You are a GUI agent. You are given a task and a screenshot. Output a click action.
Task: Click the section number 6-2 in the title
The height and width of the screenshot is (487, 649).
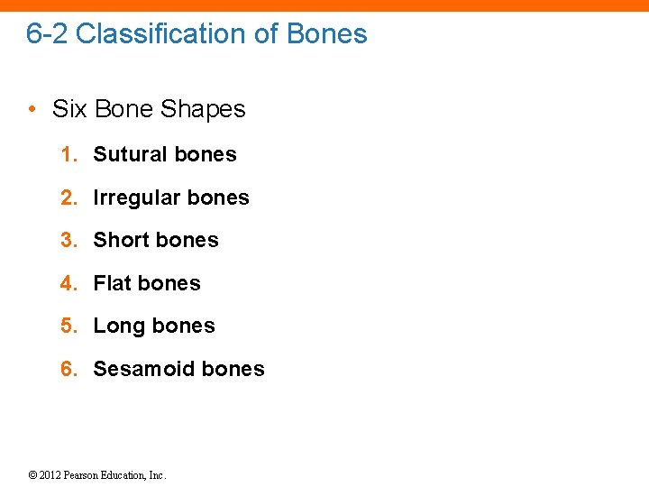click(47, 34)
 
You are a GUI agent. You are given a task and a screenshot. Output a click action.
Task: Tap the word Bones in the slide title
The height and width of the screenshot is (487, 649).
click(326, 34)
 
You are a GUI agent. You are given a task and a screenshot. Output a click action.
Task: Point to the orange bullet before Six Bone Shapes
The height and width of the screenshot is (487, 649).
click(32, 110)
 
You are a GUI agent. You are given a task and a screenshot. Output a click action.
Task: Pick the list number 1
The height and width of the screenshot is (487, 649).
click(66, 154)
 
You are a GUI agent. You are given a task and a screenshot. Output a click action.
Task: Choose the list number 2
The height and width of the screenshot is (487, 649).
click(66, 198)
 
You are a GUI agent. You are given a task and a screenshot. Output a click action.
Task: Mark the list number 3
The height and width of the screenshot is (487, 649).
click(66, 240)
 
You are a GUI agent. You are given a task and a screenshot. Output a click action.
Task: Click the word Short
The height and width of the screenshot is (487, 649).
click(120, 240)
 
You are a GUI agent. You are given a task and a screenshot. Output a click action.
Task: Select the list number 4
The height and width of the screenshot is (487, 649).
click(66, 283)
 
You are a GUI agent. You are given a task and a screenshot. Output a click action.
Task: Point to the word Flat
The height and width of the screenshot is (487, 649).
click(112, 283)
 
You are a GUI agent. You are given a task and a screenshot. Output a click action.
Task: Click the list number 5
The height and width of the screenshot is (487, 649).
click(66, 326)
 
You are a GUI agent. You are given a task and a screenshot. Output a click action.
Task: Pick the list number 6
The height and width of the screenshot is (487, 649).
click(66, 369)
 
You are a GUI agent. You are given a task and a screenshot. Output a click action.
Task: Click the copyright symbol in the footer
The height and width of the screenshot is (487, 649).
click(32, 475)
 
